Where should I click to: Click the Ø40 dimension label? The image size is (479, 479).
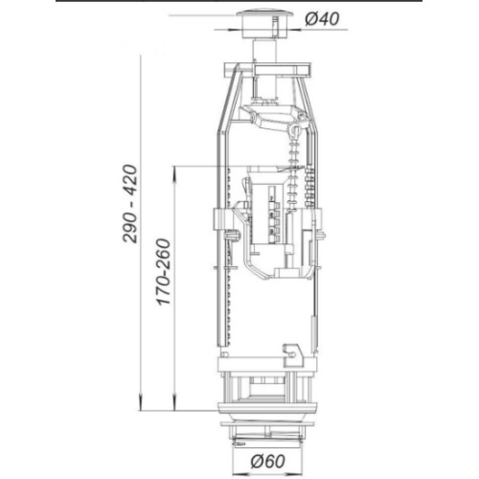pos(322,19)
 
